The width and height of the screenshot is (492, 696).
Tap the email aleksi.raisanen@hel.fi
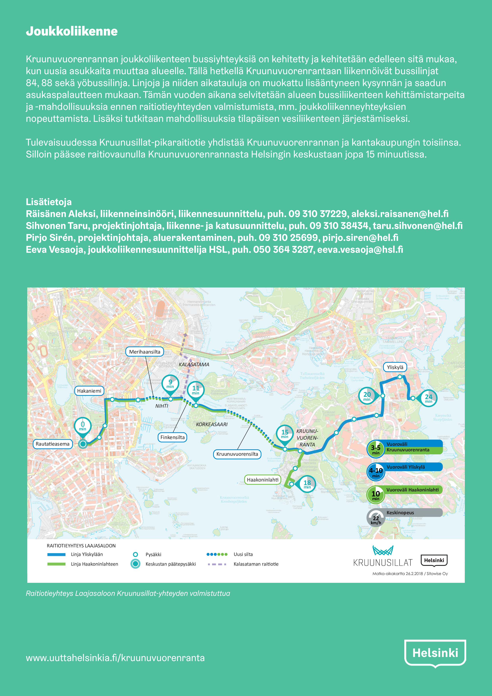(x=400, y=214)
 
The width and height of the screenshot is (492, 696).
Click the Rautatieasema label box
(x=52, y=444)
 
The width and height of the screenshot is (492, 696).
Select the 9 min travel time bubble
(x=170, y=384)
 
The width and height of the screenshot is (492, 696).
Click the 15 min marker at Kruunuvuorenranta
(x=285, y=434)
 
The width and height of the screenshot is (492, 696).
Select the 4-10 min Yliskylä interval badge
(x=376, y=472)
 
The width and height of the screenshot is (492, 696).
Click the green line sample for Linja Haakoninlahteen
(x=56, y=564)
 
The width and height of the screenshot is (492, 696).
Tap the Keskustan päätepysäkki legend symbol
(x=135, y=564)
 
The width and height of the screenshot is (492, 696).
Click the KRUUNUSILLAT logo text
(x=383, y=563)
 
